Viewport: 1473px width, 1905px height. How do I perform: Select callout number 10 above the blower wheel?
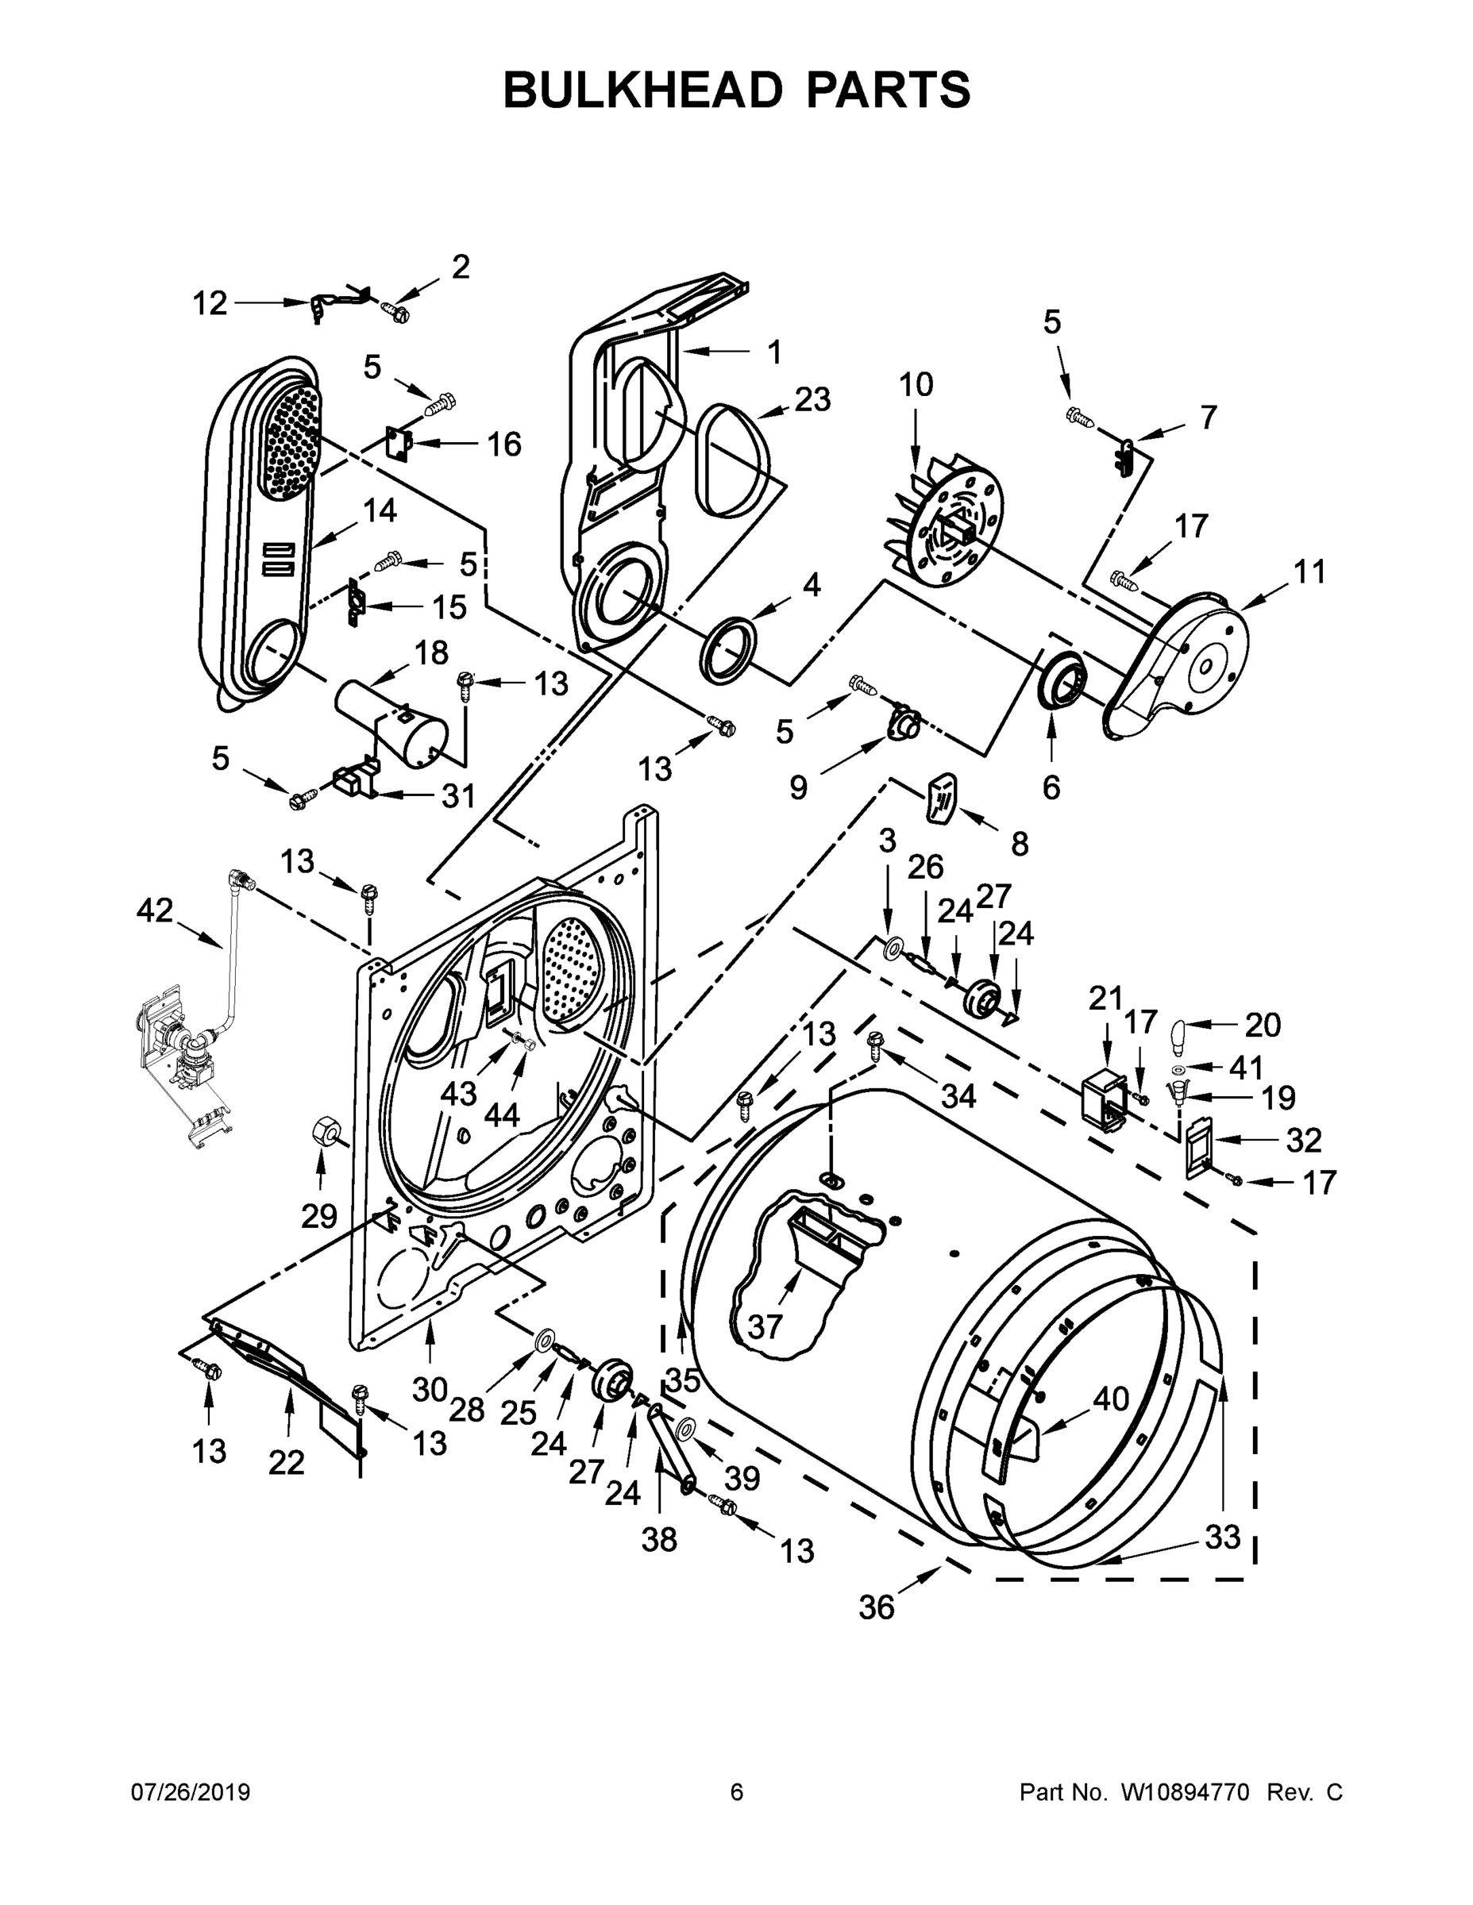[916, 385]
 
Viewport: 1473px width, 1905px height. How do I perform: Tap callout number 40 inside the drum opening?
[1111, 1399]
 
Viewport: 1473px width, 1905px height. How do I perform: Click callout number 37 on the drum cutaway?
[765, 1326]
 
